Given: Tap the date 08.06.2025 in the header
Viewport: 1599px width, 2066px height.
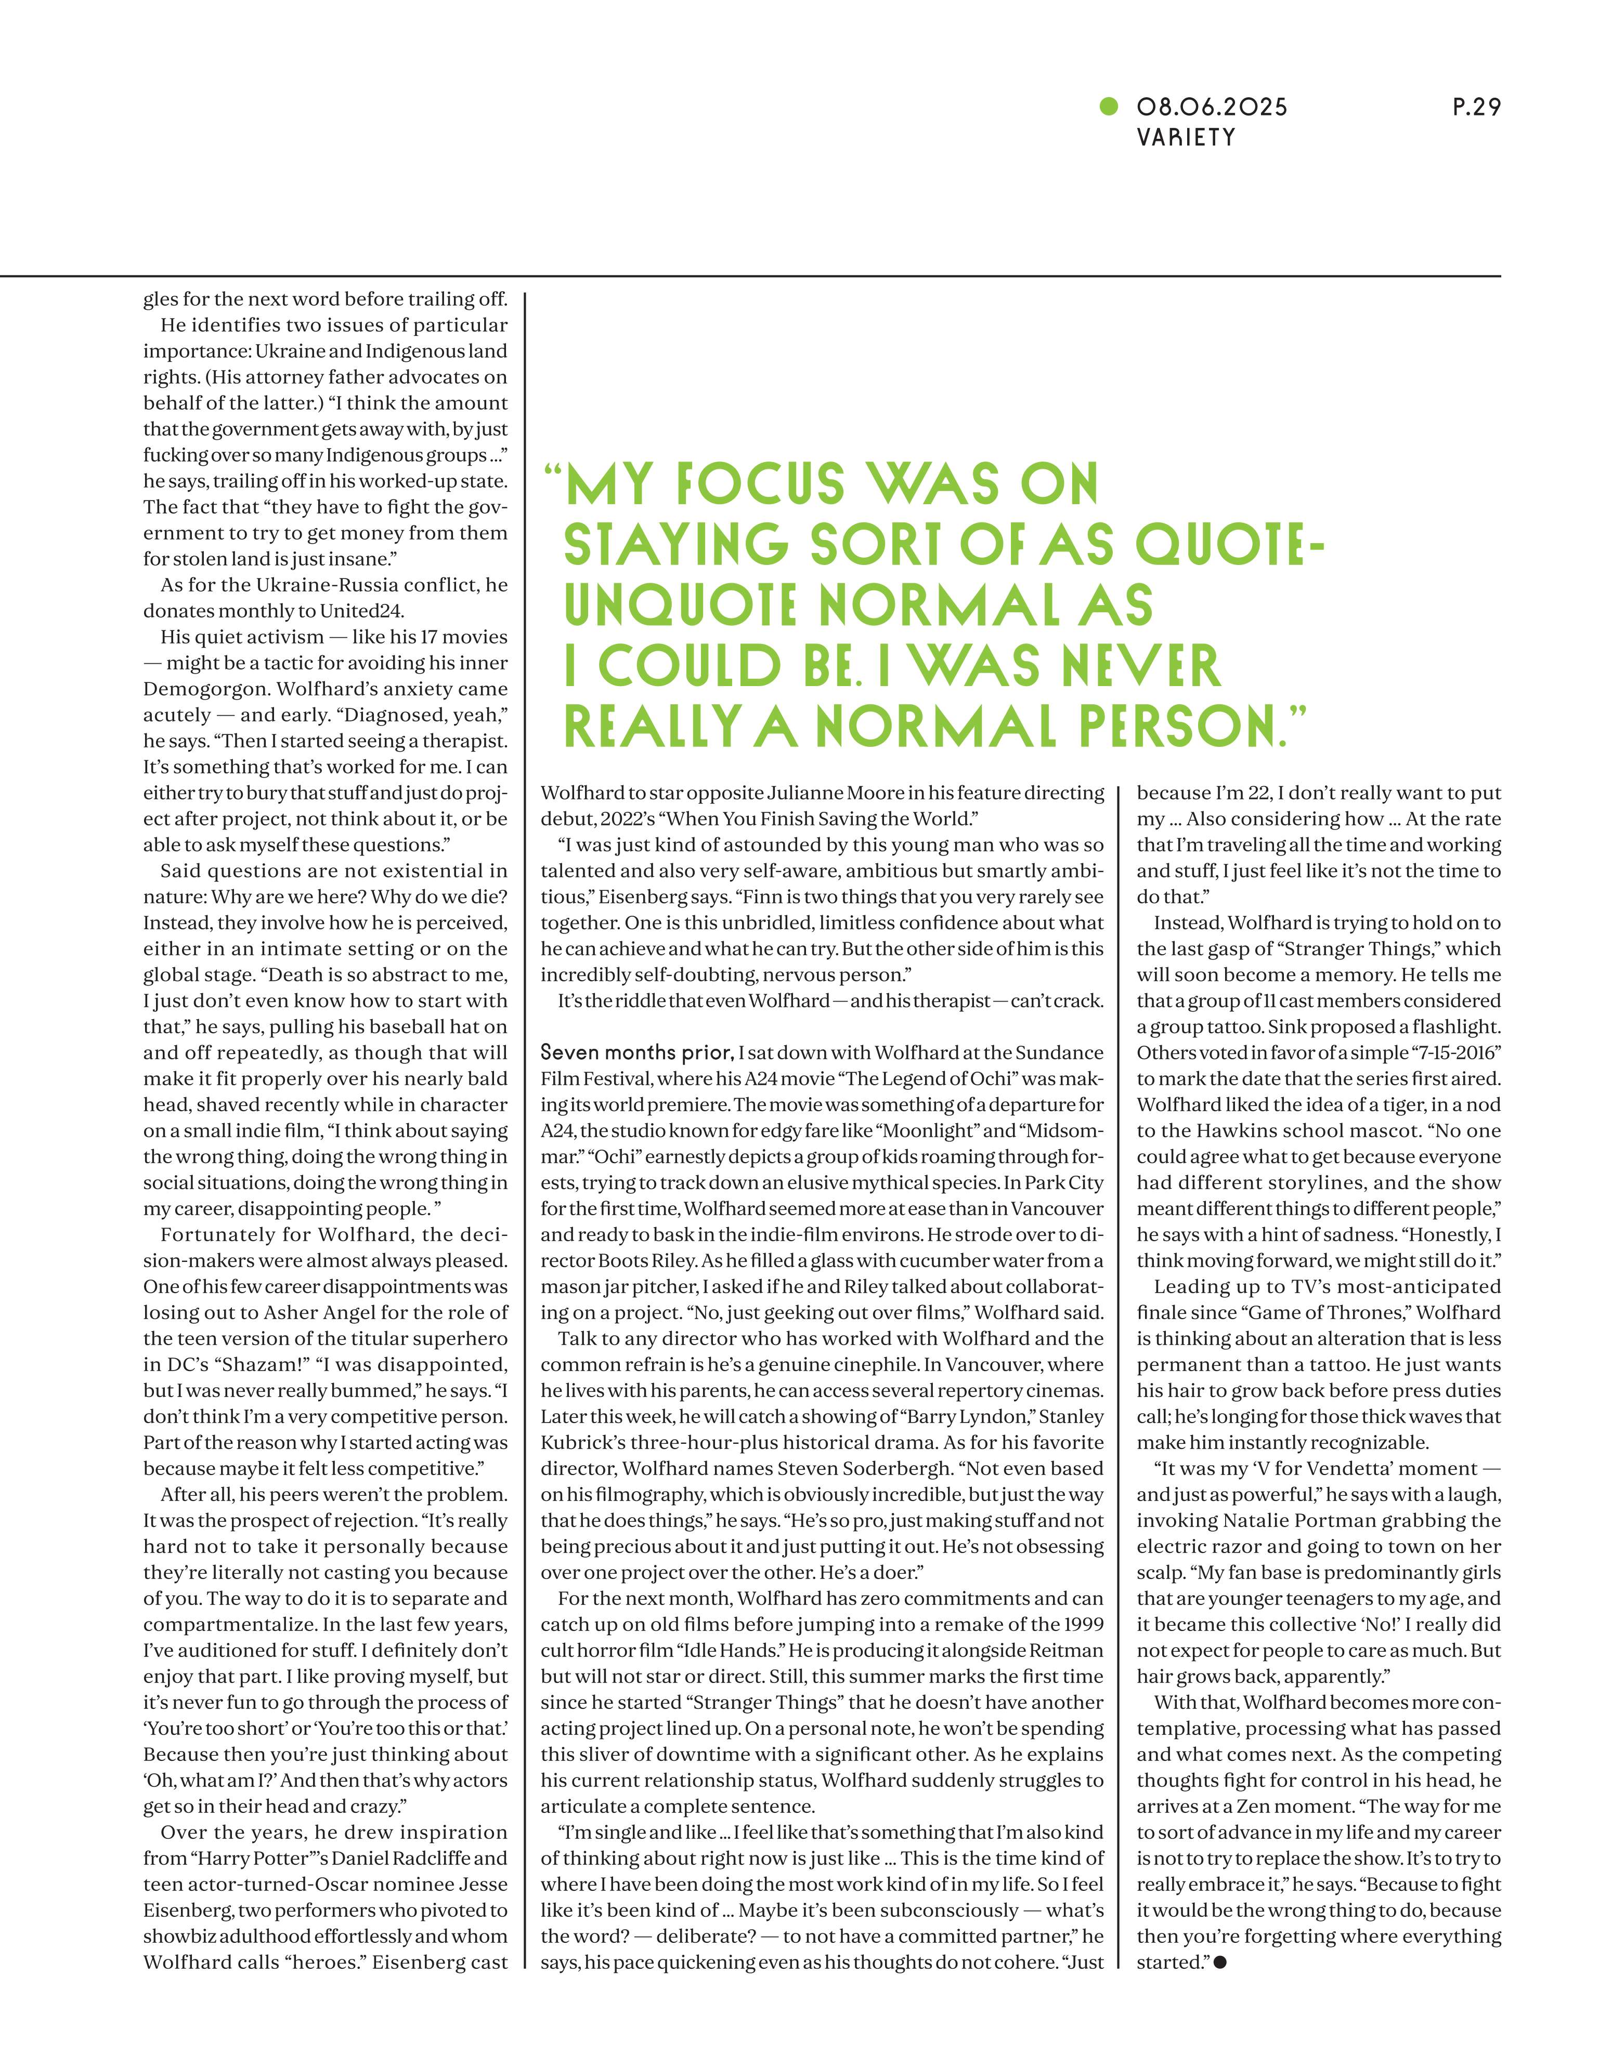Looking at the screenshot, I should (1212, 108).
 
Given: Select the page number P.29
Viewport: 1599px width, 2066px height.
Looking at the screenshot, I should (1476, 108).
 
